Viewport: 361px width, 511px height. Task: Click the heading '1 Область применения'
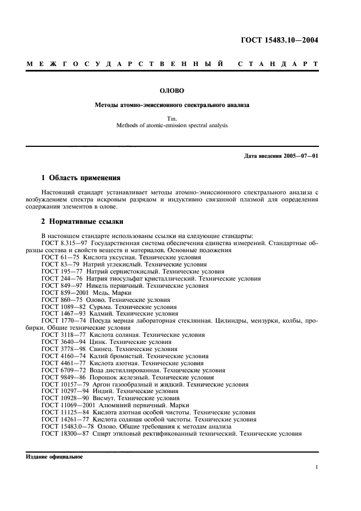[81, 178]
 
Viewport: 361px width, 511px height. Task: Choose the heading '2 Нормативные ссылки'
[82, 222]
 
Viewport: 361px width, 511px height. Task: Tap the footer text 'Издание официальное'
[54, 457]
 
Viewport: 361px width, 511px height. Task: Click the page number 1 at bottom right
[316, 467]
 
